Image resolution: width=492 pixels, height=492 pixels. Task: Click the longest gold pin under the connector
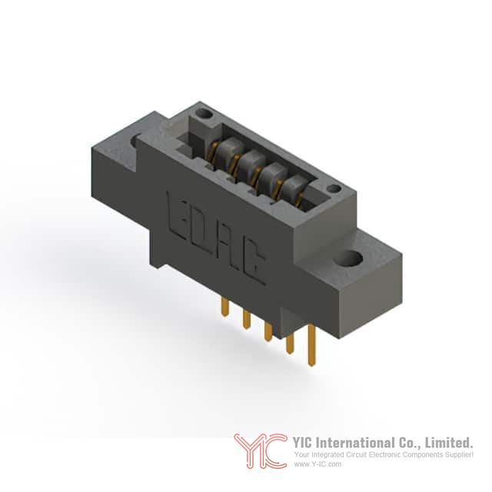coord(311,345)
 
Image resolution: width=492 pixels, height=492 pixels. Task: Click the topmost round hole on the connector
coord(203,114)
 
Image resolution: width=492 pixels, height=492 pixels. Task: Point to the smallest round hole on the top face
coord(334,189)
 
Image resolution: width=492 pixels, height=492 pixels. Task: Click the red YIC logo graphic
coord(261,451)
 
